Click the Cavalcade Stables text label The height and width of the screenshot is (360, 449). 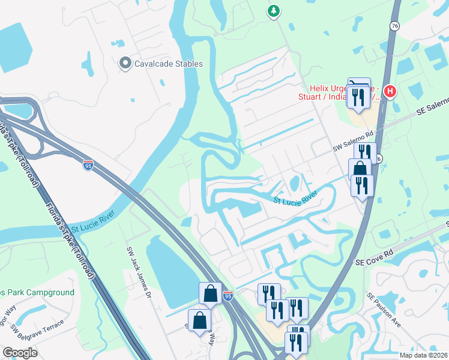169,64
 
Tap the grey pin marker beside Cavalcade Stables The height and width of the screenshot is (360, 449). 125,63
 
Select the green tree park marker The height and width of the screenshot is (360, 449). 274,11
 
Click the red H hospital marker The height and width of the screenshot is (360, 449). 390,92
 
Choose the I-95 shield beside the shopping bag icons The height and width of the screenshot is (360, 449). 228,295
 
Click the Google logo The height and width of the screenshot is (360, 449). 20,352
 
